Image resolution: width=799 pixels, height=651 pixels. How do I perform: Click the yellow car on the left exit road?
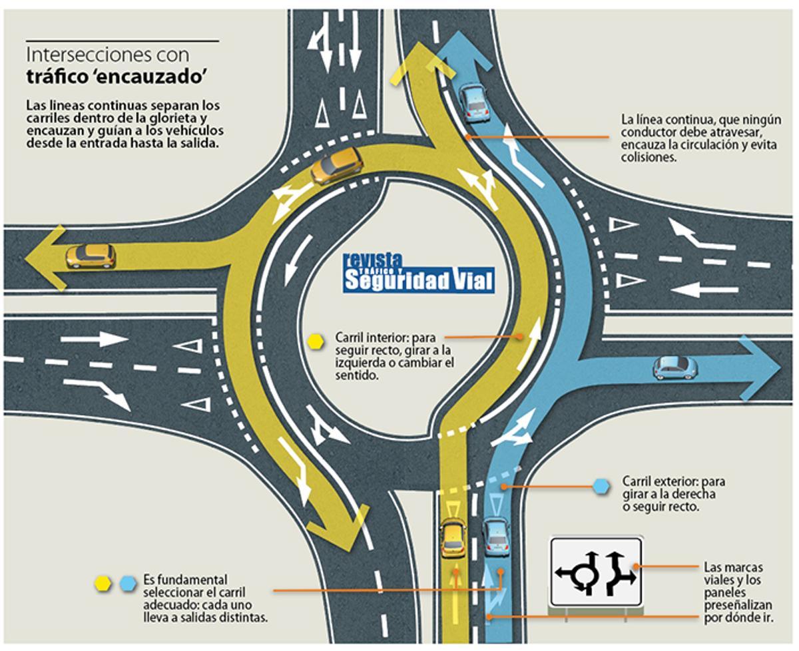(x=91, y=256)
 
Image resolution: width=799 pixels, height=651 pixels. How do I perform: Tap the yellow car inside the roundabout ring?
(x=336, y=165)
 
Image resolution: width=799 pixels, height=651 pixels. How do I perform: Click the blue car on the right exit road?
(x=675, y=368)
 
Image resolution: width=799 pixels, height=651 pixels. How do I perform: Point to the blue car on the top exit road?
(x=474, y=104)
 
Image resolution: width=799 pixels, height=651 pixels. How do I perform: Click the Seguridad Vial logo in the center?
(x=418, y=274)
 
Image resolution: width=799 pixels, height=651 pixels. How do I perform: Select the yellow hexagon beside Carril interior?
(x=316, y=341)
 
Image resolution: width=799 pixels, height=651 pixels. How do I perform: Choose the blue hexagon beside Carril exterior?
(x=601, y=487)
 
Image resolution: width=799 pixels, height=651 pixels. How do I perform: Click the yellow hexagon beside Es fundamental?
(x=103, y=584)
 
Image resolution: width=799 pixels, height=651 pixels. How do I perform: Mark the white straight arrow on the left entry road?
(x=94, y=339)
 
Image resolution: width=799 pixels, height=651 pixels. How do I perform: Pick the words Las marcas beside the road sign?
(x=733, y=566)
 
